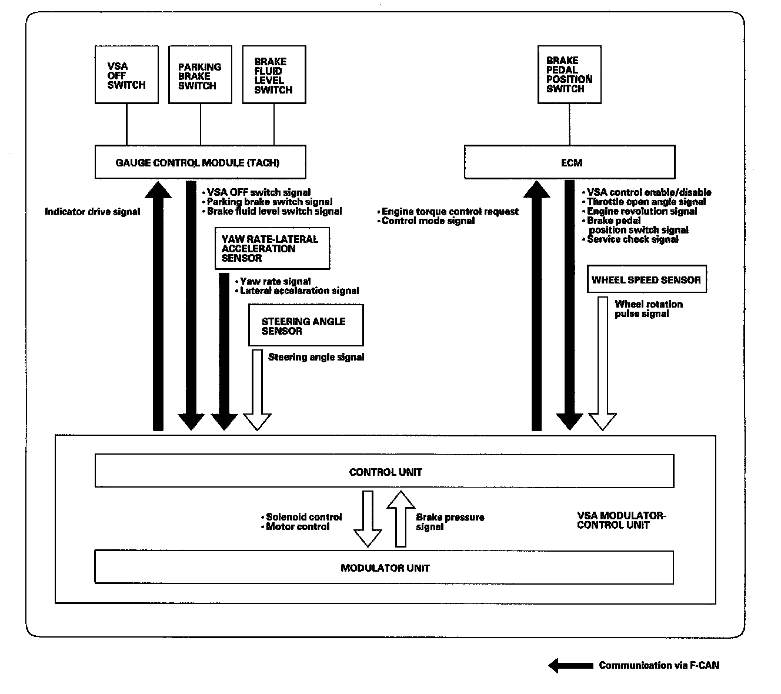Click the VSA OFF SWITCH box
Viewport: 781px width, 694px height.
tap(126, 75)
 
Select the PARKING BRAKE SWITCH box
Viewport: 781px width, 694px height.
tap(200, 75)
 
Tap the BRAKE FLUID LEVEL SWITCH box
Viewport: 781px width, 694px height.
tap(274, 75)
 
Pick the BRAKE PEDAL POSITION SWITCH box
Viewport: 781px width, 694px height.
tap(569, 75)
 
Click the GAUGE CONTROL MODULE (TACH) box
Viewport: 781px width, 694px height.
tap(200, 162)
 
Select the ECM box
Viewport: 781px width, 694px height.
tap(569, 162)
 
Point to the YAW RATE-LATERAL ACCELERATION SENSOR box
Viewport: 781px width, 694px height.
tap(272, 248)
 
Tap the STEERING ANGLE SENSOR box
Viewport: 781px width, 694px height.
tap(306, 325)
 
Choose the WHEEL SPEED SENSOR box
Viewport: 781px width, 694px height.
tap(646, 280)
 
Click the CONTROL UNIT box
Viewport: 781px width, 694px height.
tap(385, 472)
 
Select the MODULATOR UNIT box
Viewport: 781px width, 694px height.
tap(385, 568)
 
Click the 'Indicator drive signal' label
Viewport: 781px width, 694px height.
tap(92, 212)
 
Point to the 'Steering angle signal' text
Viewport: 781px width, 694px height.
tap(316, 357)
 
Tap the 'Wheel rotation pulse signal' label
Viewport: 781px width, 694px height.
tap(649, 309)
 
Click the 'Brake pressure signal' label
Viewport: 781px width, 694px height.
tap(450, 522)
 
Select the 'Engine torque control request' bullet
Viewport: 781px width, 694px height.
tap(450, 212)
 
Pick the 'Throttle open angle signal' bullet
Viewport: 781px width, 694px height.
tap(646, 202)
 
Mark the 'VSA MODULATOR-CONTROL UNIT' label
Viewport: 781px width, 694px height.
tap(621, 520)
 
